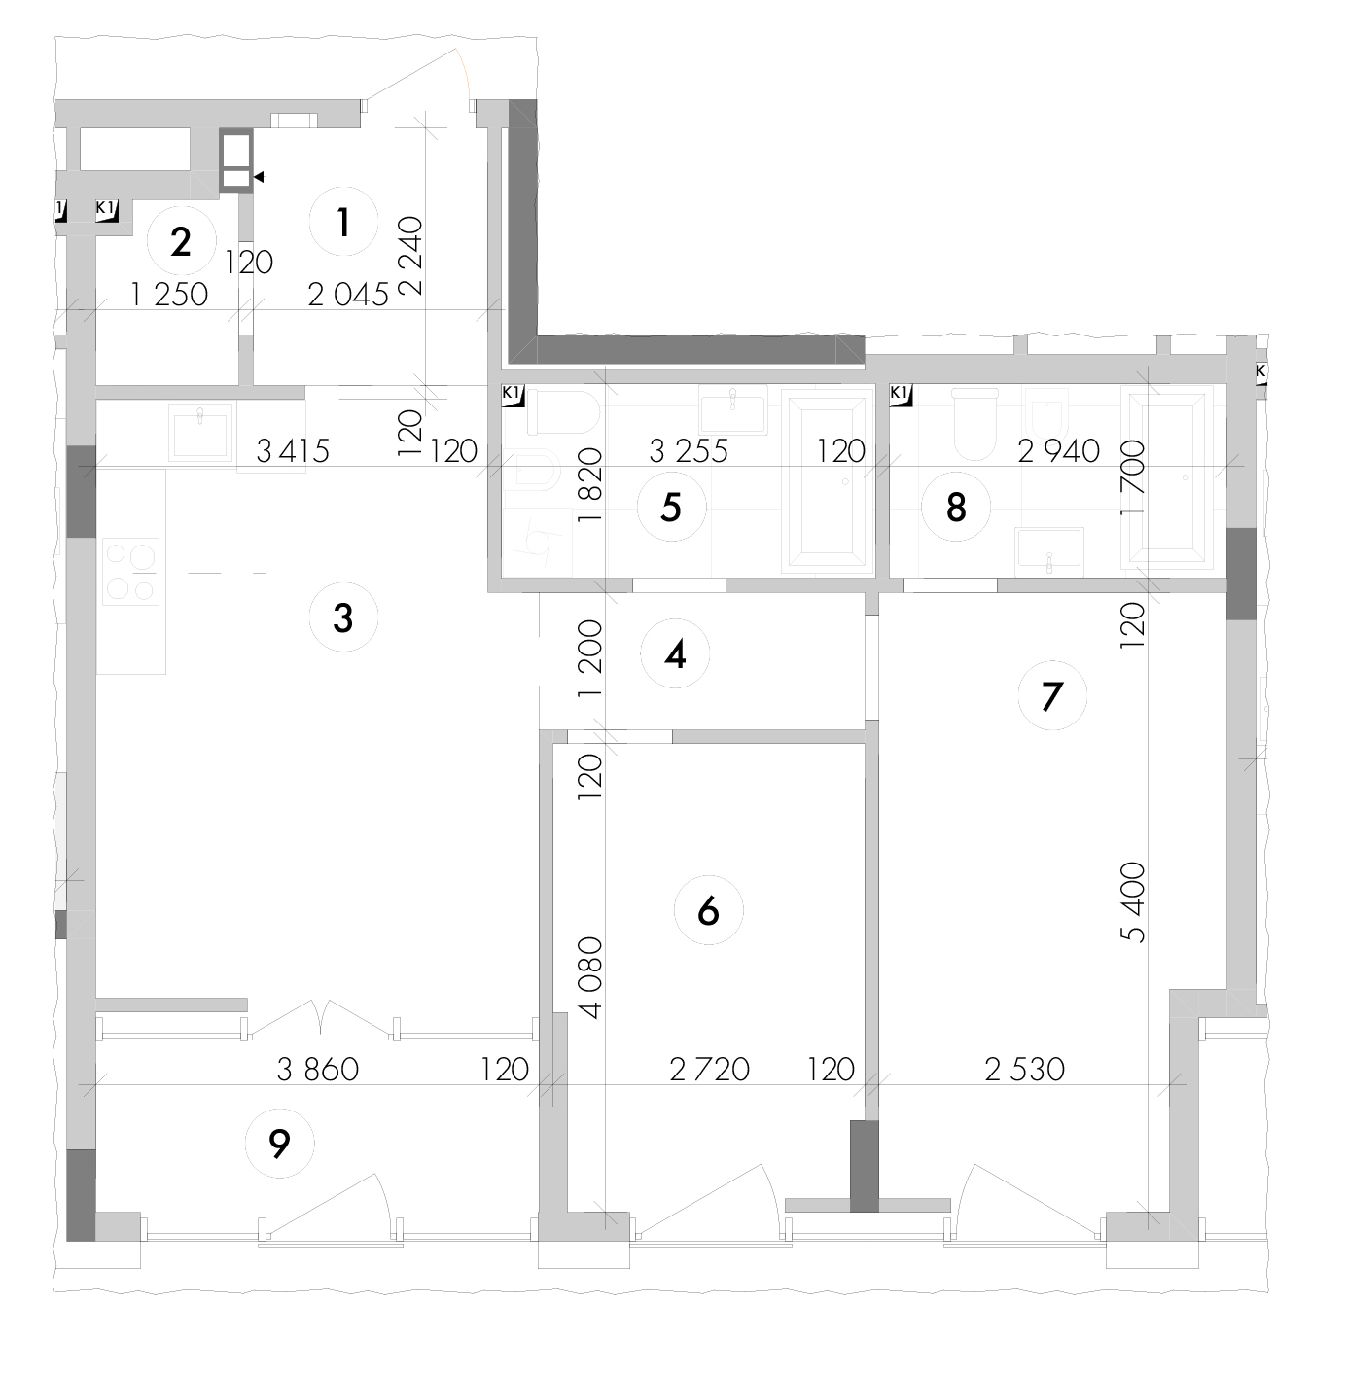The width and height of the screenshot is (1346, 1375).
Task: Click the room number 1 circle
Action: point(343,223)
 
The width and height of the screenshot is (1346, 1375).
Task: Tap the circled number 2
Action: point(181,242)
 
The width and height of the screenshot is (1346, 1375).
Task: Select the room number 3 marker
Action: point(343,617)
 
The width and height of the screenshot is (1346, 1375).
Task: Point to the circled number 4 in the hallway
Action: point(674,653)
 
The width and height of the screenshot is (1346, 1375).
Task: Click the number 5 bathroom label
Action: point(672,507)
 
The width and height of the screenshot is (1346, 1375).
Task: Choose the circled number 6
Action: point(708,910)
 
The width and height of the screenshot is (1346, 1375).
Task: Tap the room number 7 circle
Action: point(1052,695)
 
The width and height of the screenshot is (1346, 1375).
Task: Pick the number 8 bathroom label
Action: point(956,508)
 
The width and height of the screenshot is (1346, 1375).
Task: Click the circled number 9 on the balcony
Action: point(279,1144)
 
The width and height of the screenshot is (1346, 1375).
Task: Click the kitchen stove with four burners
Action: point(131,571)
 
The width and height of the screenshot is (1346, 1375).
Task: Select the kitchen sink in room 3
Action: point(200,432)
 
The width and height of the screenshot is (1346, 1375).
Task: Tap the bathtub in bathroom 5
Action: point(829,482)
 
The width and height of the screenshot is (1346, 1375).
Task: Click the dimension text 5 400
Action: point(1133,902)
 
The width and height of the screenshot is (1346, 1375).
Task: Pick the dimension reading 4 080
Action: point(591,977)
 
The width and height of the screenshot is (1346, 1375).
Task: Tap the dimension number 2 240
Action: point(411,256)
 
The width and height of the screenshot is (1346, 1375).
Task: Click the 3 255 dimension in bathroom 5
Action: point(689,451)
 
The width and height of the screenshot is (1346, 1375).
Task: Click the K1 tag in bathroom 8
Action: point(901,395)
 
